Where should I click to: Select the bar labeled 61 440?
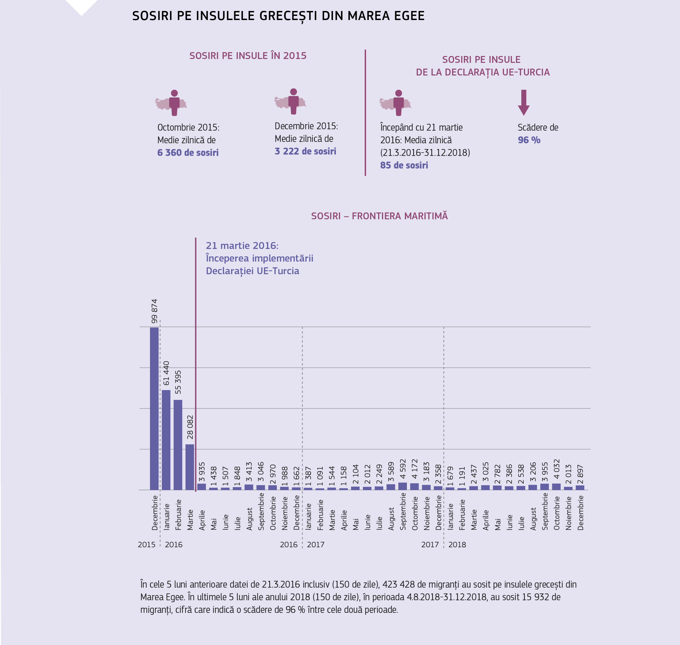click(x=166, y=440)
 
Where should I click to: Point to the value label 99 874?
click(x=154, y=311)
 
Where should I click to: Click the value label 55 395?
click(x=178, y=382)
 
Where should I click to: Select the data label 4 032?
click(x=557, y=469)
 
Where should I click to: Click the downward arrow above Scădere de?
click(x=524, y=102)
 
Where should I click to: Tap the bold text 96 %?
click(x=529, y=140)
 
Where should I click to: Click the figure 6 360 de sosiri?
click(x=188, y=153)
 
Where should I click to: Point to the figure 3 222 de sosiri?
click(x=305, y=151)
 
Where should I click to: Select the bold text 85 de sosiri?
click(x=404, y=166)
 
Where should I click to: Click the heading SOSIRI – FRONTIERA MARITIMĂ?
click(x=379, y=216)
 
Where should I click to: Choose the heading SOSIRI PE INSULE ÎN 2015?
click(x=248, y=56)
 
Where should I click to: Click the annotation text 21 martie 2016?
click(x=242, y=245)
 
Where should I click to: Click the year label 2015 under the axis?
click(x=147, y=545)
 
